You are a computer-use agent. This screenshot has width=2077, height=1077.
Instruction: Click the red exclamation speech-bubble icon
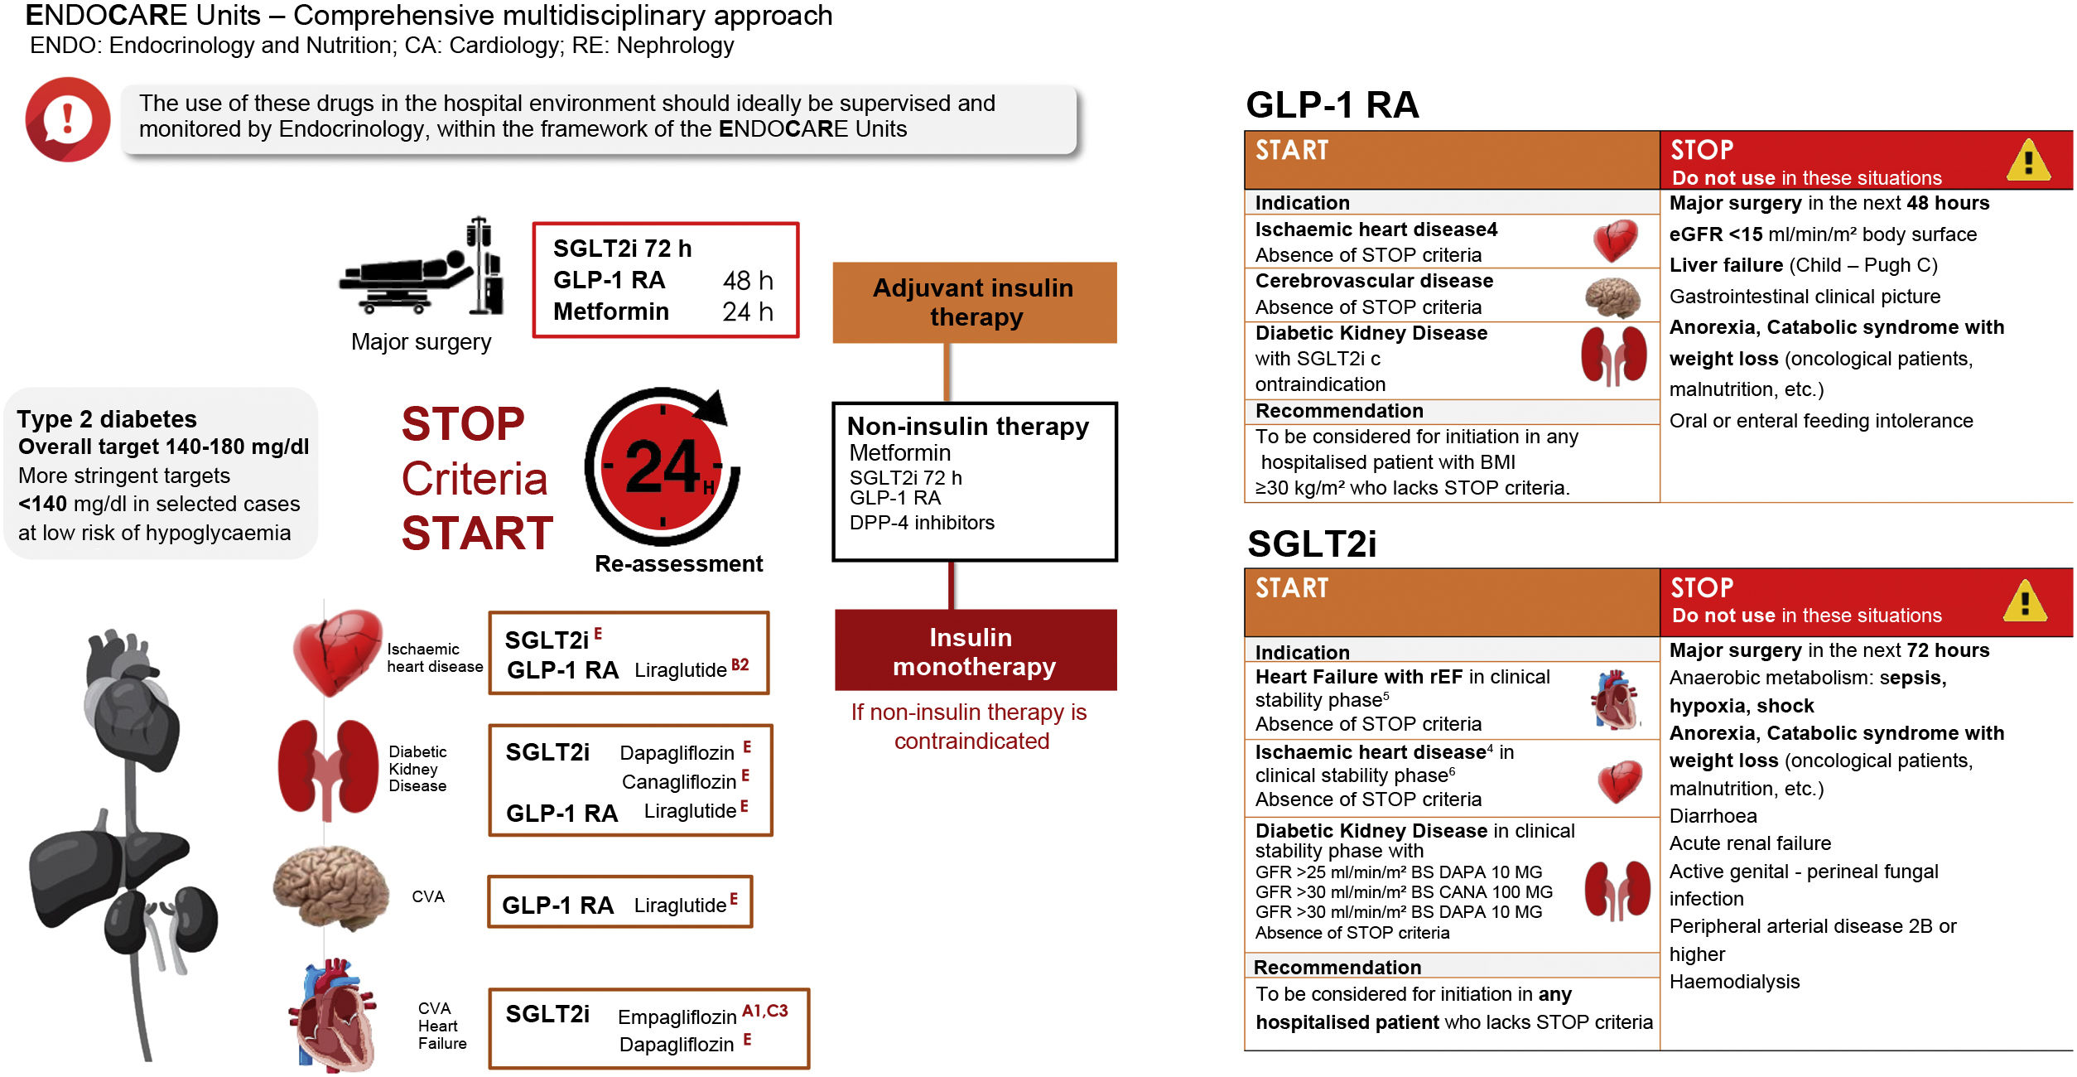click(68, 119)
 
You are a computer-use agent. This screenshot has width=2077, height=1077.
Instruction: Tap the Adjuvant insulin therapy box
click(974, 302)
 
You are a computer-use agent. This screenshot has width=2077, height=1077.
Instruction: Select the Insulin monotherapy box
click(975, 651)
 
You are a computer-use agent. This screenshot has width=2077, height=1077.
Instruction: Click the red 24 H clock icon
click(662, 467)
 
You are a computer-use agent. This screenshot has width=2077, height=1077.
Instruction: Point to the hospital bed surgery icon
click(422, 269)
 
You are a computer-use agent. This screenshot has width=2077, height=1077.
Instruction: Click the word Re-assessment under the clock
click(678, 564)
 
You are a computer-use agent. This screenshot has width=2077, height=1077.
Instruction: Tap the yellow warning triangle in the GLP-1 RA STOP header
click(2028, 160)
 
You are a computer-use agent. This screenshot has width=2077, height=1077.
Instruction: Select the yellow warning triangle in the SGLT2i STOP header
click(2025, 601)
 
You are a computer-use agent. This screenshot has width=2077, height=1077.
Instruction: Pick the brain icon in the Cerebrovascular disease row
click(1612, 297)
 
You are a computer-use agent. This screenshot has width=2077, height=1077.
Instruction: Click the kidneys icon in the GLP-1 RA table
click(1613, 357)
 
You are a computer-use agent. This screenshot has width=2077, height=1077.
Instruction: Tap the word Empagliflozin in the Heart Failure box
click(677, 1017)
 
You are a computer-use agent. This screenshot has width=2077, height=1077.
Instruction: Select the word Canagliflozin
click(678, 782)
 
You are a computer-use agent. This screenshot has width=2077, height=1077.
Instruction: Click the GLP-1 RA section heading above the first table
click(1332, 105)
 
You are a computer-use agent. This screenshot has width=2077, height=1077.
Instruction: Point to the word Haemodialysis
click(1734, 982)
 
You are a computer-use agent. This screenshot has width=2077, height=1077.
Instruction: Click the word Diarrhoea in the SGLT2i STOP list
click(1713, 816)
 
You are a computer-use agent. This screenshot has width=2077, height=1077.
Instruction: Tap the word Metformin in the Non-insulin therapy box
click(899, 453)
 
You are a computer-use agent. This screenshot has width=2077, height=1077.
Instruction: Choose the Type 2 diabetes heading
click(107, 419)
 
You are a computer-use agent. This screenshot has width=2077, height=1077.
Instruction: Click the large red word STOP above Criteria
click(463, 424)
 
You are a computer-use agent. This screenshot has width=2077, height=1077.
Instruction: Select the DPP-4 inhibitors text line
click(922, 523)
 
